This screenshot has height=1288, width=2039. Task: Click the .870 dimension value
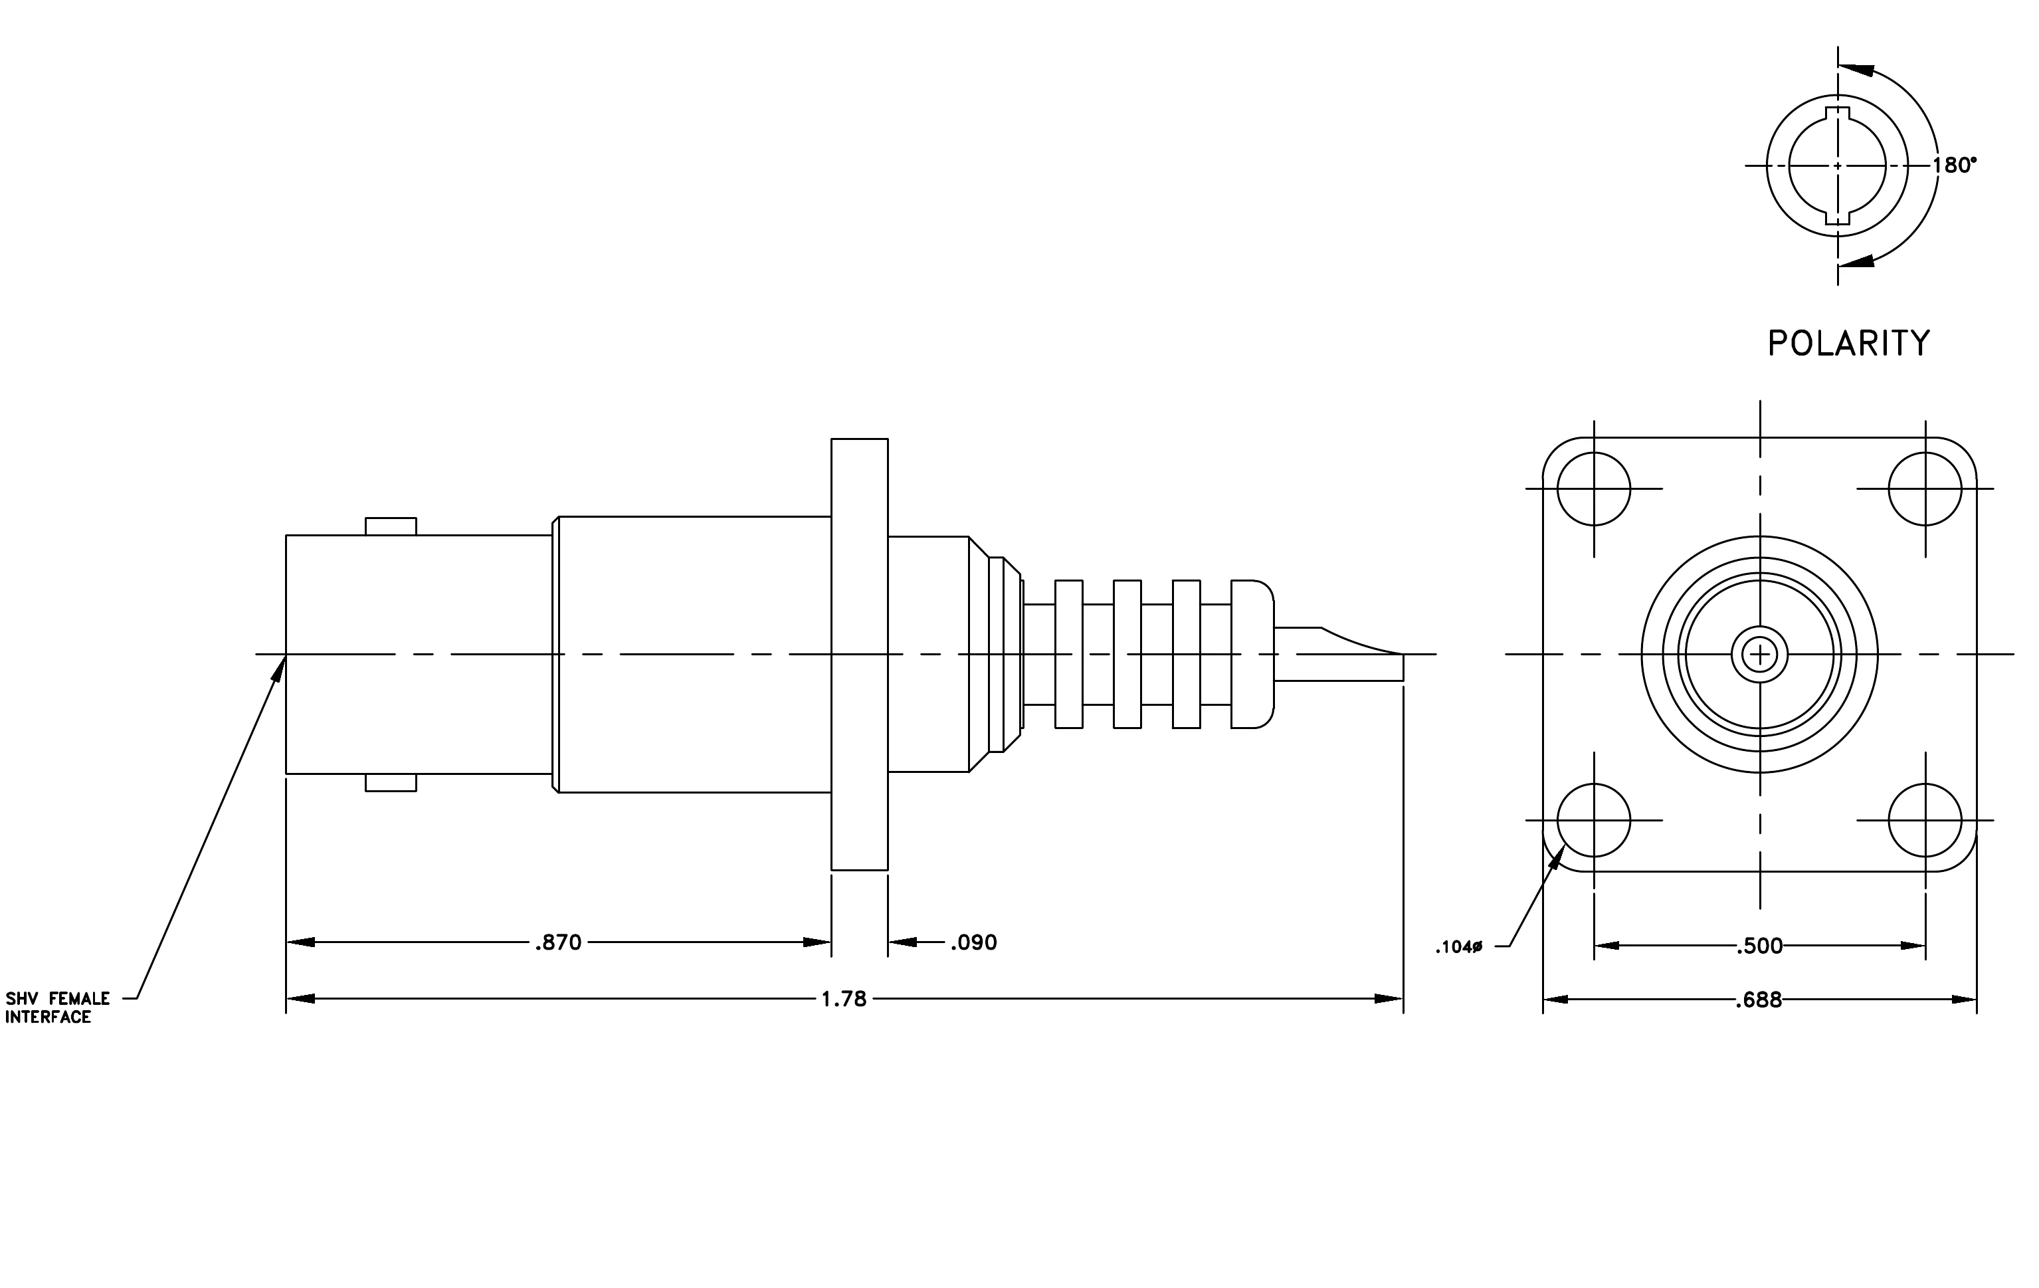(x=558, y=942)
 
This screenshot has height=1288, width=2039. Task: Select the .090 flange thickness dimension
(x=974, y=942)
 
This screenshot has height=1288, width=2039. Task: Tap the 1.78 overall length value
(x=844, y=1000)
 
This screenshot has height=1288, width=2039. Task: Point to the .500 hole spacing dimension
(x=1759, y=946)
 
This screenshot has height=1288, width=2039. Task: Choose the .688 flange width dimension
(x=1759, y=1000)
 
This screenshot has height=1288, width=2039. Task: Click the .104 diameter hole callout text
(x=1459, y=948)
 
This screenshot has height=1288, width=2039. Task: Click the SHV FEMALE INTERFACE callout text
(x=58, y=1008)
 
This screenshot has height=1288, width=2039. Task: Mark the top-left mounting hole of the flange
(x=1594, y=488)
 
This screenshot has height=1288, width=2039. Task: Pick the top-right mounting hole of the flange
(x=1925, y=488)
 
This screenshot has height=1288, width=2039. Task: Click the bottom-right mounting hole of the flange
(x=1925, y=819)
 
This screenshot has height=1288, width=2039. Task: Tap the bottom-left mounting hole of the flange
(x=1594, y=819)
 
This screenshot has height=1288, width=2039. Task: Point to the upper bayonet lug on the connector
(x=391, y=526)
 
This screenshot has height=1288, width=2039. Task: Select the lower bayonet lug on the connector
(x=391, y=782)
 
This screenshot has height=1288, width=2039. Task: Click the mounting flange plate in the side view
(x=860, y=654)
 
